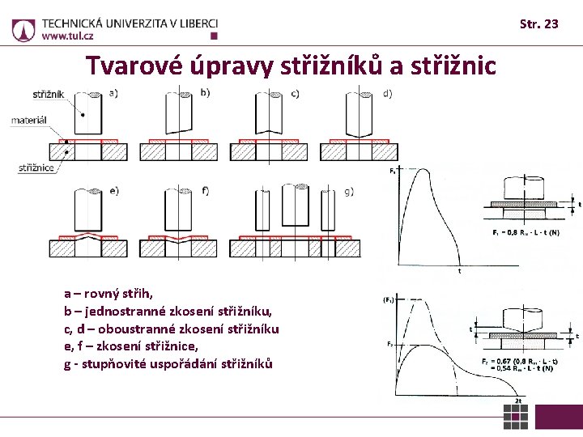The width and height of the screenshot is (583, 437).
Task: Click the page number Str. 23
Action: (x=538, y=24)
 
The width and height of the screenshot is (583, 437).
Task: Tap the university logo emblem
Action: (x=23, y=30)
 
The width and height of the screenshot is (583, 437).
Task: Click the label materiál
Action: (x=28, y=121)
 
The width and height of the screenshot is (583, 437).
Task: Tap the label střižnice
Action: (x=36, y=168)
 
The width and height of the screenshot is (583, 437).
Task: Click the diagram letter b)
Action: (x=205, y=92)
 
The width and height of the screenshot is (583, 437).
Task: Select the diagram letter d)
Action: (x=388, y=93)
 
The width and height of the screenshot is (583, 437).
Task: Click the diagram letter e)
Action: (x=114, y=191)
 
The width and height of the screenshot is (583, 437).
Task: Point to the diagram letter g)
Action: (x=349, y=192)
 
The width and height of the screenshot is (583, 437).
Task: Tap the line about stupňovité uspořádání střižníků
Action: (x=168, y=364)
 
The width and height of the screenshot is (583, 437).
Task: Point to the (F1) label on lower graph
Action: (x=389, y=299)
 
